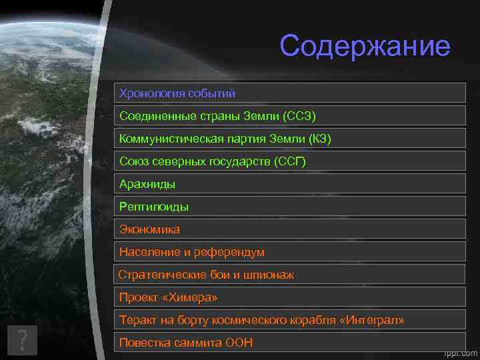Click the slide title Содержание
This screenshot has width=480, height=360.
pyautogui.click(x=365, y=46)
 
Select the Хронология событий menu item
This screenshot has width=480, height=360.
pyautogui.click(x=177, y=93)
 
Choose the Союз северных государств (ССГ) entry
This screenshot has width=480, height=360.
pyautogui.click(x=213, y=161)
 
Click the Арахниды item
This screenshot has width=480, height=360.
pyautogui.click(x=147, y=184)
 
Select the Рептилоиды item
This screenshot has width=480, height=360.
pyautogui.click(x=154, y=207)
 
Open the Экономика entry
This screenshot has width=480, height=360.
pyautogui.click(x=149, y=229)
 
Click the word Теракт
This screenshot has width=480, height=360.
pyautogui.click(x=137, y=321)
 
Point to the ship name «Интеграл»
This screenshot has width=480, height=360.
pyautogui.click(x=372, y=321)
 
